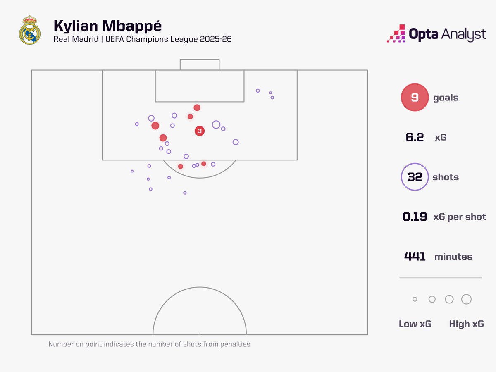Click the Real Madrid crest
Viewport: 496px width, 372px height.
point(30,30)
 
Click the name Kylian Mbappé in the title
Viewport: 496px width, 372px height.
point(107,26)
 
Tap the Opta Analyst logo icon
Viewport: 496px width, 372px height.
point(396,33)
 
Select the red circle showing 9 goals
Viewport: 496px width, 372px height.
point(415,98)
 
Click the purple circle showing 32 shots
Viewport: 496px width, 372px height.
point(415,177)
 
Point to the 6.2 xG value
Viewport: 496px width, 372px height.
point(415,137)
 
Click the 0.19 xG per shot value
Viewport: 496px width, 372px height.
point(415,217)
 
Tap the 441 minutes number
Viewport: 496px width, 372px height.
point(415,256)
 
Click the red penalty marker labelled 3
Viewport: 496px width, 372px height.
point(200,131)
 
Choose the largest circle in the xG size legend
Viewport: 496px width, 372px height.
point(466,299)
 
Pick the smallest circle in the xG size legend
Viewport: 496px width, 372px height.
point(415,299)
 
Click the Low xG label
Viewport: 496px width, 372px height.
point(415,324)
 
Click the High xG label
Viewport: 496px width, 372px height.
point(466,324)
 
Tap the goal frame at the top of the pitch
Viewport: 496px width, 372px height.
point(200,64)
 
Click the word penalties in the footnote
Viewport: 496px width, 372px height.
point(235,344)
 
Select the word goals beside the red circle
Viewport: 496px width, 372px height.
point(446,98)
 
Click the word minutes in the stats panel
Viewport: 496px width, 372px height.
point(453,257)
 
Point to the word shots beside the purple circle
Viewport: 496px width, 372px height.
point(446,177)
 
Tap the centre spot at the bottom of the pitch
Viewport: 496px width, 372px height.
point(200,334)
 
